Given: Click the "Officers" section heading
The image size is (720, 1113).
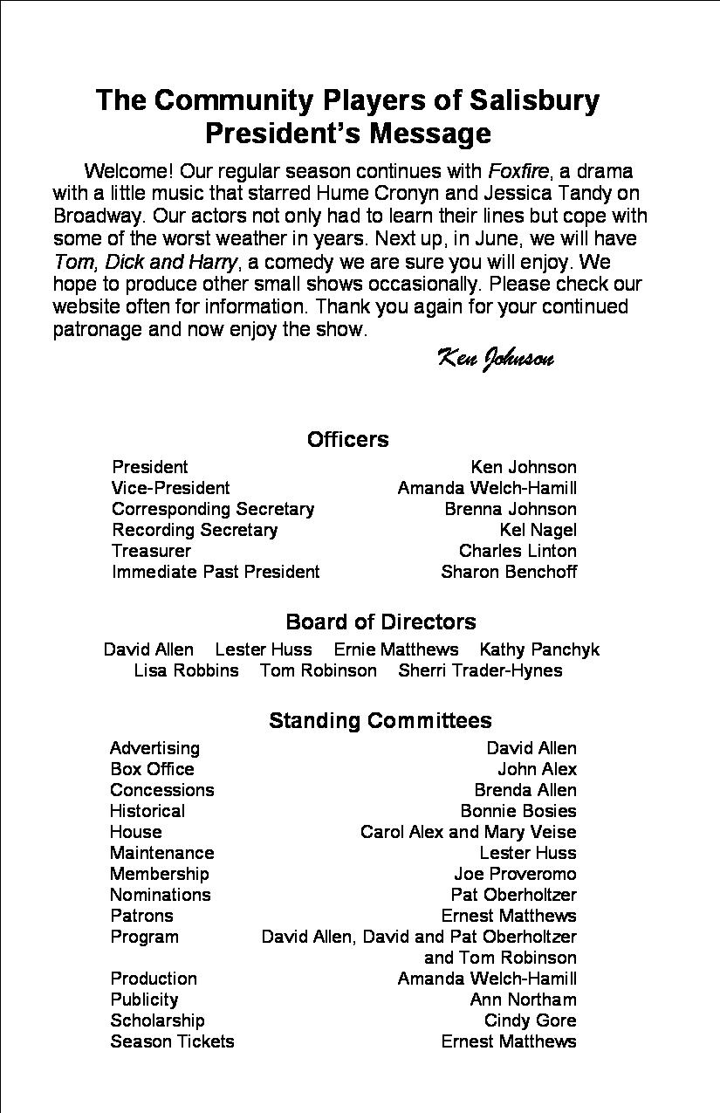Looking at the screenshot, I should pyautogui.click(x=347, y=439).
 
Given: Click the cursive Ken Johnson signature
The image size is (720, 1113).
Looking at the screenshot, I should pyautogui.click(x=494, y=359).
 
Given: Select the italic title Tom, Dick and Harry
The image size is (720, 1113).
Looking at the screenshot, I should pyautogui.click(x=145, y=261).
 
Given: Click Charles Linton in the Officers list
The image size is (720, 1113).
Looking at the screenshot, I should pyautogui.click(x=518, y=551).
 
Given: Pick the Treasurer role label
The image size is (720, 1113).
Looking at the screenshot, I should pyautogui.click(x=151, y=551).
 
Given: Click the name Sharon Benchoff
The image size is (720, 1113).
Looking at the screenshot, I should pyautogui.click(x=509, y=572).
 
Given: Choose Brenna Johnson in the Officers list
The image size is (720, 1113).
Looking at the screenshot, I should pyautogui.click(x=511, y=509).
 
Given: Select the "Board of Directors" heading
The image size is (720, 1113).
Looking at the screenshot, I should pyautogui.click(x=381, y=622).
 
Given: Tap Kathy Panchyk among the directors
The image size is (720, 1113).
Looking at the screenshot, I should pyautogui.click(x=539, y=649).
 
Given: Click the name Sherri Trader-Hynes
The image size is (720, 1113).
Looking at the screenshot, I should pyautogui.click(x=480, y=670).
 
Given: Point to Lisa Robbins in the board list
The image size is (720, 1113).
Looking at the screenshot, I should pyautogui.click(x=186, y=670).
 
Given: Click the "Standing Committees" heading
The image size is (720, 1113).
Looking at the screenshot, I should pyautogui.click(x=380, y=720).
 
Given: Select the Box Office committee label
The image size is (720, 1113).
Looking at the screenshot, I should pyautogui.click(x=152, y=769).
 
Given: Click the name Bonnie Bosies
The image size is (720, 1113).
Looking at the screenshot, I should pyautogui.click(x=518, y=811).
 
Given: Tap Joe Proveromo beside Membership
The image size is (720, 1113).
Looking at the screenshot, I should pyautogui.click(x=515, y=874).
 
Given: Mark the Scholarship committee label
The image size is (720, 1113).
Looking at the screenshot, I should pyautogui.click(x=157, y=1020).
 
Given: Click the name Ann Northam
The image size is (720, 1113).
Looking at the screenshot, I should pyautogui.click(x=523, y=1000).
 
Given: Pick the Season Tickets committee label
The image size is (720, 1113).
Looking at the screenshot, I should pyautogui.click(x=172, y=1041).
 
